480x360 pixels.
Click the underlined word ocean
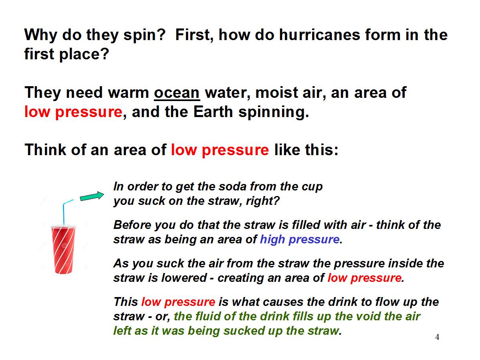[177, 93]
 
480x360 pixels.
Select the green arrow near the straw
[92, 196]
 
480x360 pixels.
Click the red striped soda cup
[63, 249]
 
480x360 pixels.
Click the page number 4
[437, 337]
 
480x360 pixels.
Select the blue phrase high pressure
[300, 239]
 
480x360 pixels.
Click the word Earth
[213, 112]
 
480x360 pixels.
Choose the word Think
[45, 150]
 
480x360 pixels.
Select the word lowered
[184, 278]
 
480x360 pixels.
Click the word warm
[128, 93]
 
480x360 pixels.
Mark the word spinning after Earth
[274, 113]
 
